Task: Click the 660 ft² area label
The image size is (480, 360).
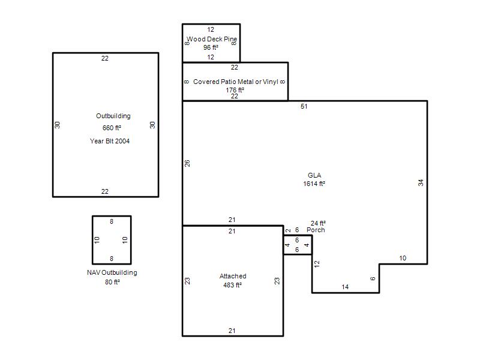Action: (112, 128)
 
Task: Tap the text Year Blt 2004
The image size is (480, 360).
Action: (110, 141)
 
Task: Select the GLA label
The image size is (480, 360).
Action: (314, 175)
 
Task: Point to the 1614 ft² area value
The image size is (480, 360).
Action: (314, 184)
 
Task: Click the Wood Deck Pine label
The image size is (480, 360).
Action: (212, 39)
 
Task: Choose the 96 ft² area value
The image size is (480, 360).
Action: (211, 47)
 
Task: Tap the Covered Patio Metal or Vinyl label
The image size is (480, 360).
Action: (236, 82)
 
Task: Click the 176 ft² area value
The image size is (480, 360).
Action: (235, 90)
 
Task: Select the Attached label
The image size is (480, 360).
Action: (233, 276)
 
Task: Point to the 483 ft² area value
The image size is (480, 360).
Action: (233, 285)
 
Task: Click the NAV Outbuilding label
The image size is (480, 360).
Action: (112, 272)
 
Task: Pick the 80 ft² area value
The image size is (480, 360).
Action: (112, 282)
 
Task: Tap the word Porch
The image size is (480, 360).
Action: (316, 230)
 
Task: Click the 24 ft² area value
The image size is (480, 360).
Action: (318, 223)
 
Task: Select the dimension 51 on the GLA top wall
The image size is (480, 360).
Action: (304, 106)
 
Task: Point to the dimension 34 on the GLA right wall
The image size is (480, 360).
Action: (421, 183)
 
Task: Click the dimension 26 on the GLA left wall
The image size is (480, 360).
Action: (187, 163)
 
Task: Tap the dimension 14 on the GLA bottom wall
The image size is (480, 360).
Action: (345, 287)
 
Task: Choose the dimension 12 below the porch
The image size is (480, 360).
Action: (317, 264)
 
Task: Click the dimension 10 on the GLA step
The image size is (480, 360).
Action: (403, 258)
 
